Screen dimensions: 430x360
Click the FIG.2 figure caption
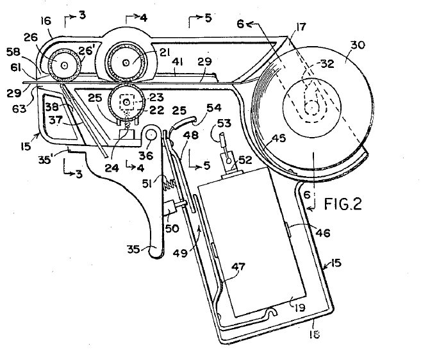coord(343,204)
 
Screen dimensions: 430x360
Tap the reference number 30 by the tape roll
coord(358,45)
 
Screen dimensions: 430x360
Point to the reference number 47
coord(238,266)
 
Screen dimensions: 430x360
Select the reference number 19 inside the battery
coord(300,307)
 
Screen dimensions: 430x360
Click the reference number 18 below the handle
coord(314,334)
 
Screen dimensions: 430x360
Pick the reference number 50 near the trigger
coord(172,228)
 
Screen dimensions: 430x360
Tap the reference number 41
coord(178,63)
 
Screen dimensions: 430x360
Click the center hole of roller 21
coord(126,63)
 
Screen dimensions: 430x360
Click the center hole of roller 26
coord(65,65)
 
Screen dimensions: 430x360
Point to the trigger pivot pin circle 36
coord(151,135)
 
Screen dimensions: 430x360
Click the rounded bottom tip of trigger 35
coord(156,255)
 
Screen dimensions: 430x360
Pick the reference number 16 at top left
coord(46,20)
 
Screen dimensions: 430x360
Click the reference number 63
coord(19,108)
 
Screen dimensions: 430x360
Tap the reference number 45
coord(278,138)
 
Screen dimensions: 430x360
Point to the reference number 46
coord(323,233)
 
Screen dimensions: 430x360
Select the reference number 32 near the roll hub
coord(327,63)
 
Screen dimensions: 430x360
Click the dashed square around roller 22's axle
coord(126,102)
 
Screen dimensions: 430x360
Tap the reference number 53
coord(224,124)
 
